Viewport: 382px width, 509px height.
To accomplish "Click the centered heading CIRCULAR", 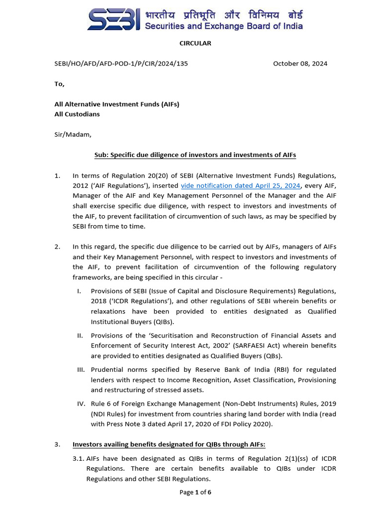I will pos(195,43).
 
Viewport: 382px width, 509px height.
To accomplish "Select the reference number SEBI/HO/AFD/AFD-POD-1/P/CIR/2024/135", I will pos(121,64).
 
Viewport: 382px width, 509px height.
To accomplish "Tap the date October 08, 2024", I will pos(300,64).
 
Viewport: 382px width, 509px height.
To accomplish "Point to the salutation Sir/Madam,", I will pos(73,134).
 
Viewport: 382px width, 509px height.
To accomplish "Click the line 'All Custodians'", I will pos(77,114).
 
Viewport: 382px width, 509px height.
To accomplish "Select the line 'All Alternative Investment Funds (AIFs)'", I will pos(116,104).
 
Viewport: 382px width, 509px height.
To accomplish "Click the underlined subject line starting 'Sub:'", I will pos(195,155).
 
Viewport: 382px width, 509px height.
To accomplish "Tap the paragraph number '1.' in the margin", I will pos(57,175).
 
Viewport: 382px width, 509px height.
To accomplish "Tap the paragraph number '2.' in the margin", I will pos(57,247).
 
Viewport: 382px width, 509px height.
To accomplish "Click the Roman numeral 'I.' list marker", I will pos(80,291).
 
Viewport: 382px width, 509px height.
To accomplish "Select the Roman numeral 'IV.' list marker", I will pos(81,404).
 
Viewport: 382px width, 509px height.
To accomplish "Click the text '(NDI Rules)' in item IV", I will pos(108,414).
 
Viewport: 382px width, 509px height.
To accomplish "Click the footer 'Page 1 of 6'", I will pos(195,493).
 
